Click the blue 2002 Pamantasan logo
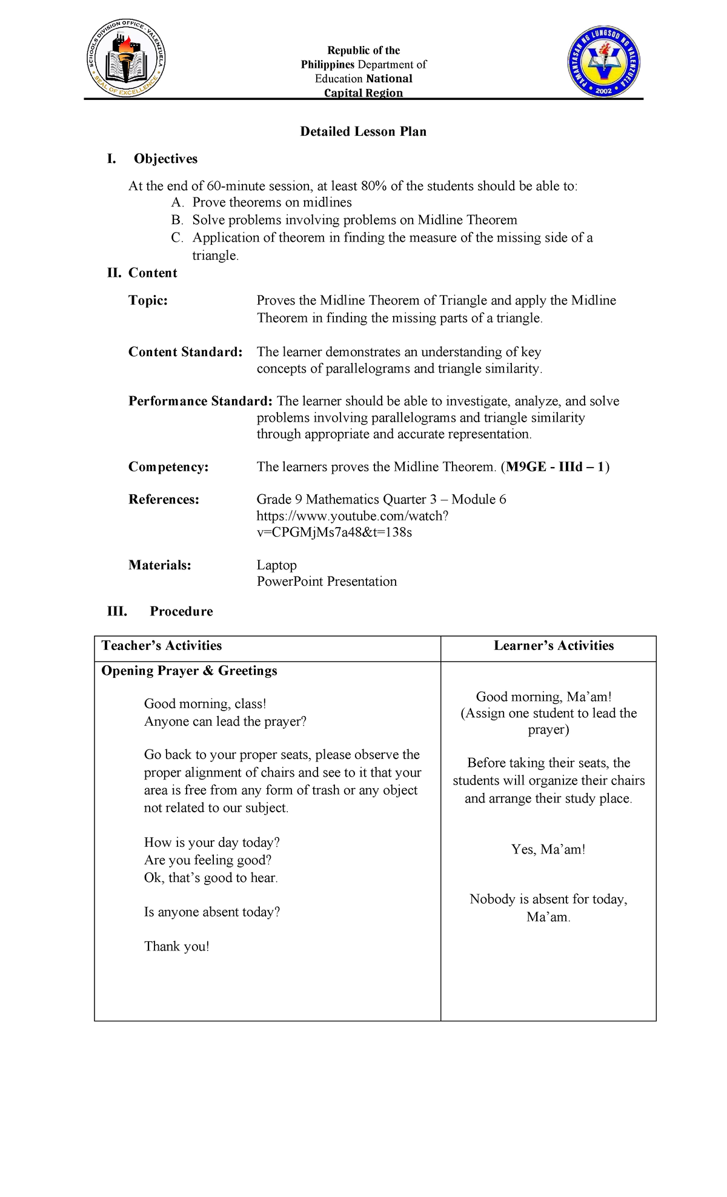603,62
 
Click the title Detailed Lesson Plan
363,131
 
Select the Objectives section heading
165,159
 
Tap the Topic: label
148,300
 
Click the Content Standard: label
185,352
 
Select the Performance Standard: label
200,401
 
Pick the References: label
164,499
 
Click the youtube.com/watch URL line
352,516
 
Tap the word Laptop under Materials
276,565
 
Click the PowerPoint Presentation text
327,582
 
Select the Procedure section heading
181,611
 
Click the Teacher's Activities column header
161,646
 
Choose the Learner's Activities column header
553,646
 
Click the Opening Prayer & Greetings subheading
189,671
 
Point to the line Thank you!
176,946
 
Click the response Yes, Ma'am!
548,849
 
